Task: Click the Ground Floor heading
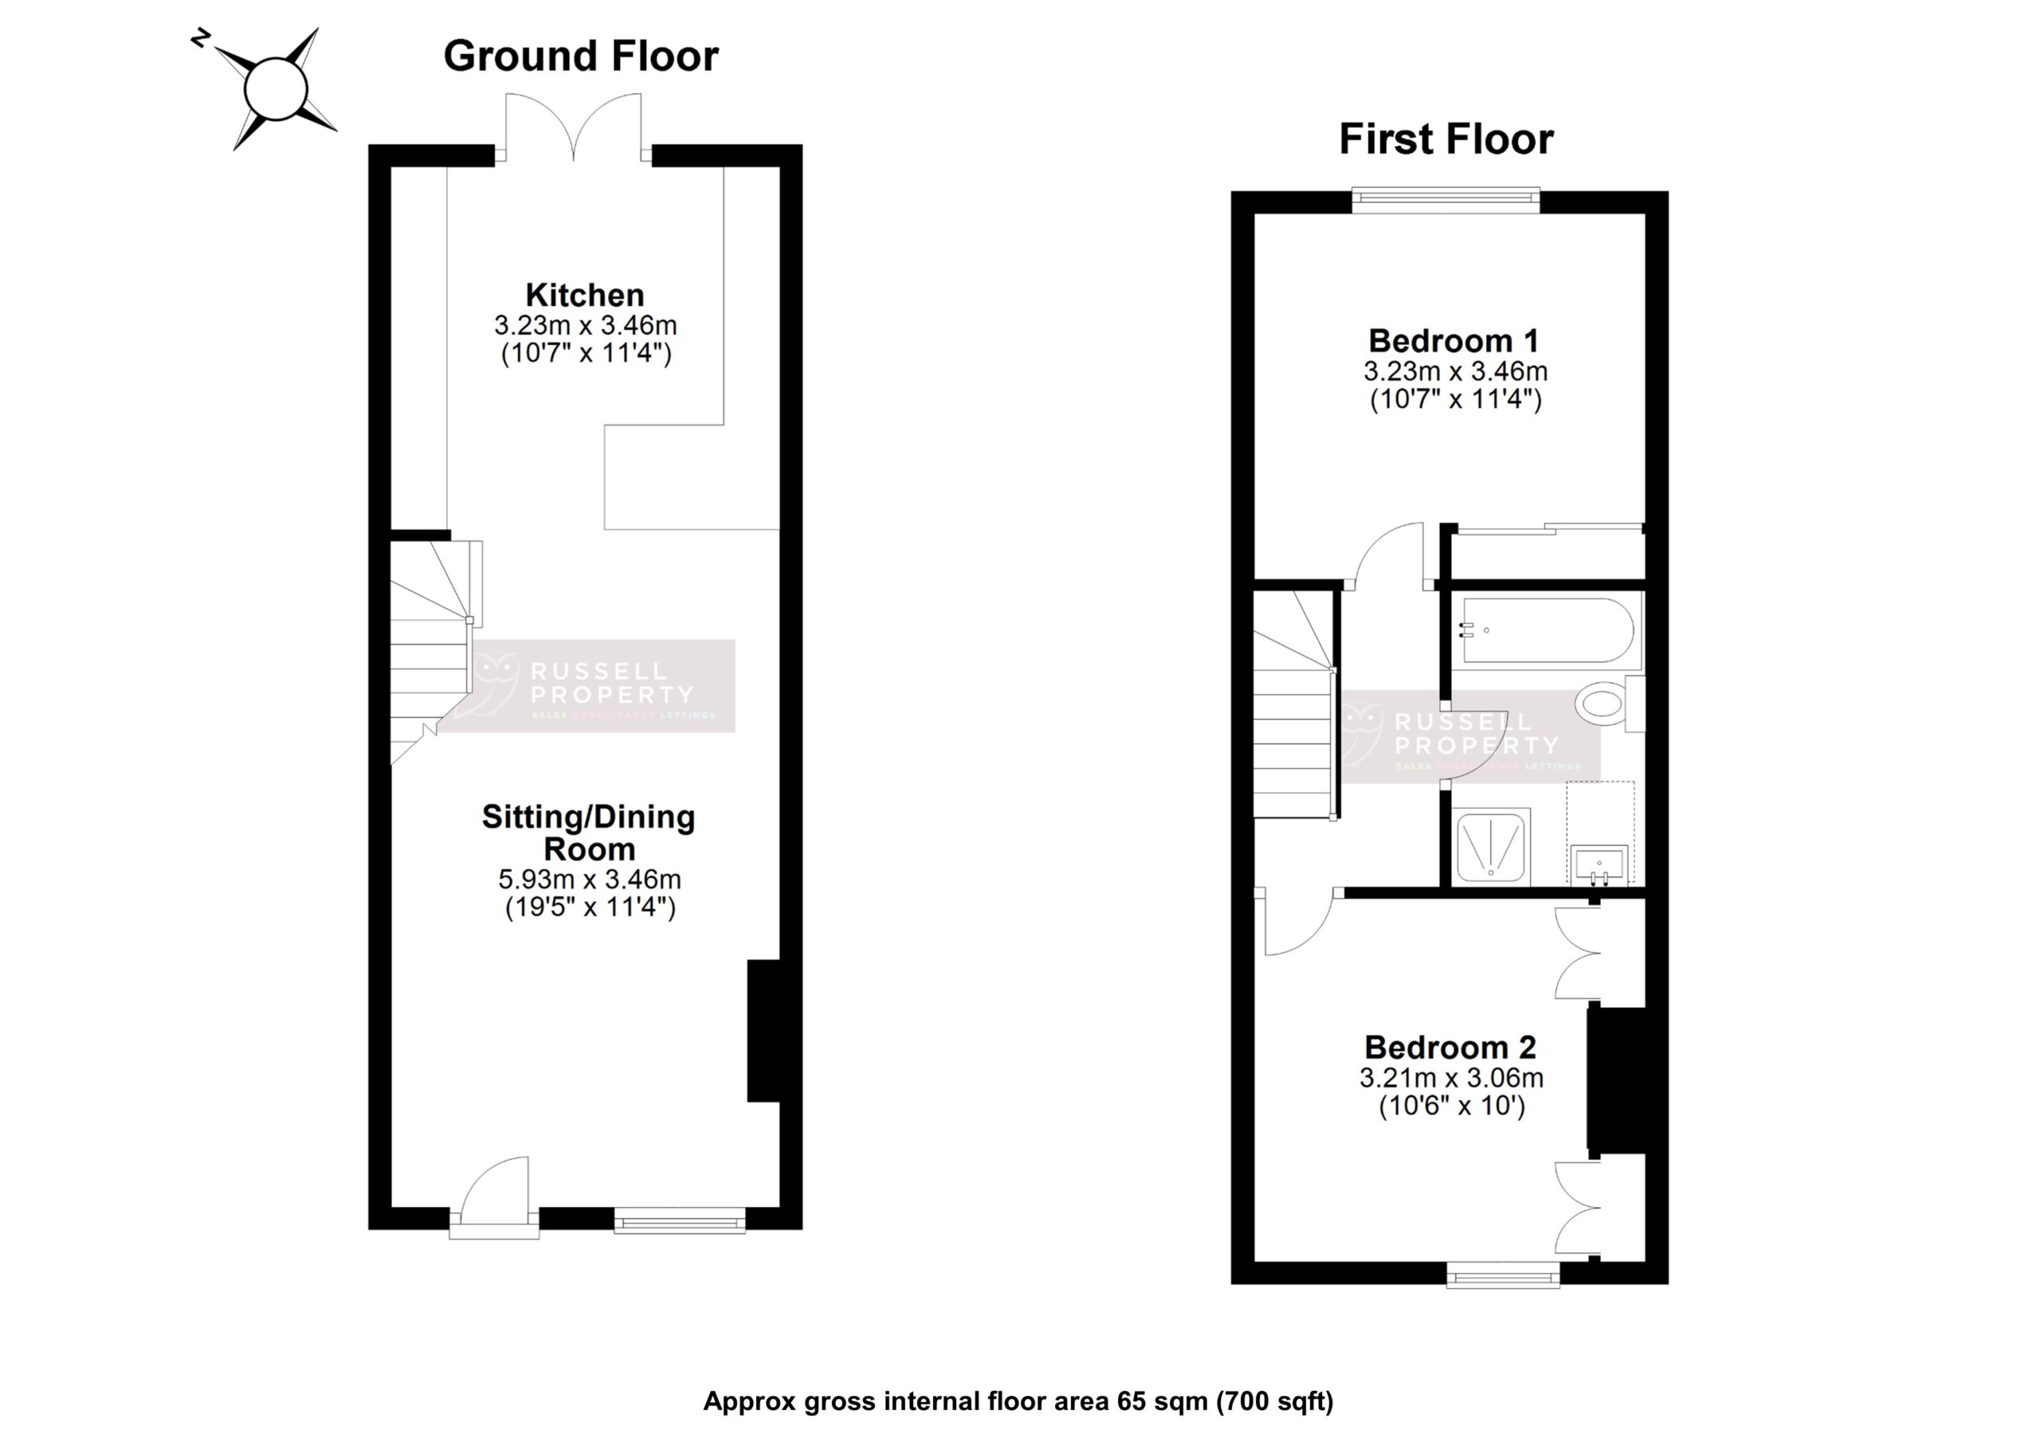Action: (581, 56)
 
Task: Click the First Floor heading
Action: (1446, 139)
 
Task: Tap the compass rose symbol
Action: (276, 89)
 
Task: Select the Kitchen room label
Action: (585, 295)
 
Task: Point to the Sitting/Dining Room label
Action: (588, 833)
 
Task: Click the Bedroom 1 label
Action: (1453, 341)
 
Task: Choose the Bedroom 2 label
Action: (1450, 1048)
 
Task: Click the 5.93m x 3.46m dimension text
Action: (589, 880)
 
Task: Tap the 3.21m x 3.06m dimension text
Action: (1451, 1079)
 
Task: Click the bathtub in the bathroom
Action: (1546, 630)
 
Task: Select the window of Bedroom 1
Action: (1446, 200)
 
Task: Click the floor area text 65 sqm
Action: (1162, 1401)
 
